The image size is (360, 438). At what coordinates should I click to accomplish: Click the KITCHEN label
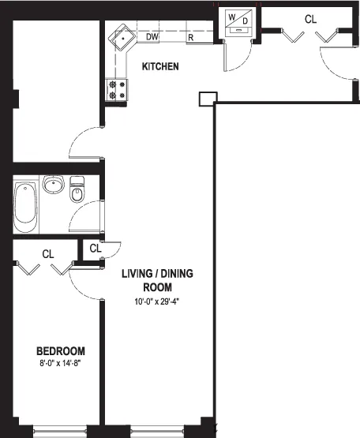point(159,67)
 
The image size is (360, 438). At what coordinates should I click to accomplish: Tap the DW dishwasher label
point(152,36)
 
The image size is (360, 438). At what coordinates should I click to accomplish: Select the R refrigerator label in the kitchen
point(191,37)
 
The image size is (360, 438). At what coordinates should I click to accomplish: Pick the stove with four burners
point(116,91)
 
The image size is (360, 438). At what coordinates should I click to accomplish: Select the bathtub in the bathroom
point(26,207)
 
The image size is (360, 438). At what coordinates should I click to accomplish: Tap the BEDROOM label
point(60,351)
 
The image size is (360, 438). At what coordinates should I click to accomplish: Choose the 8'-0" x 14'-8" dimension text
point(60,365)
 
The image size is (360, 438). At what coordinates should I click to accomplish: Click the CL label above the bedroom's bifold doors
point(48,254)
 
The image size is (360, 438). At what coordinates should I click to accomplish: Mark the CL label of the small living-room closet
point(96,249)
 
